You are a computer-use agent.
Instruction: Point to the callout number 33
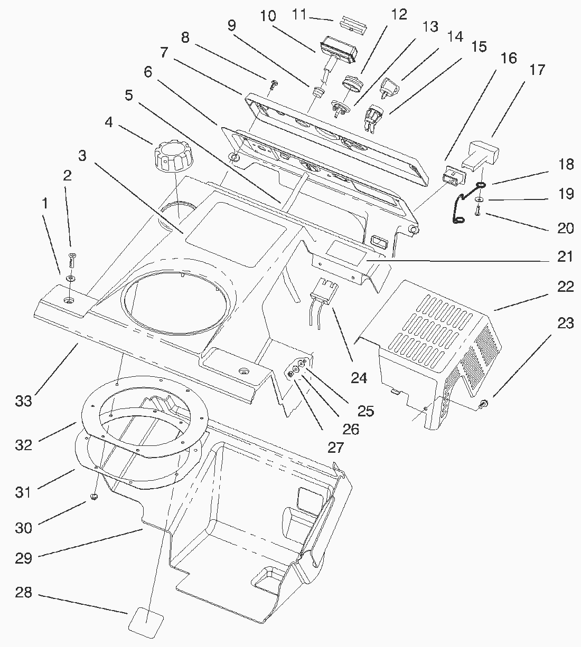(x=23, y=401)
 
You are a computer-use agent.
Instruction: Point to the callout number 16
(x=508, y=58)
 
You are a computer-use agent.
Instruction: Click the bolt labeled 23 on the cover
(x=484, y=404)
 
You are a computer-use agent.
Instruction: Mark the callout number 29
(x=23, y=558)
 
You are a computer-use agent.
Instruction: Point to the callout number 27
(x=335, y=448)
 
